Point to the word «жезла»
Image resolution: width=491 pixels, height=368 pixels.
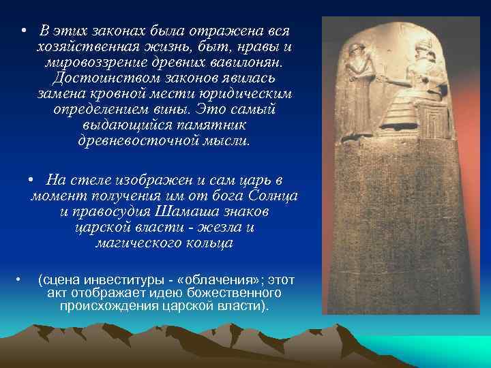220,227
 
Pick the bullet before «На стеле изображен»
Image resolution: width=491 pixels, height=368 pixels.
31,180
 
